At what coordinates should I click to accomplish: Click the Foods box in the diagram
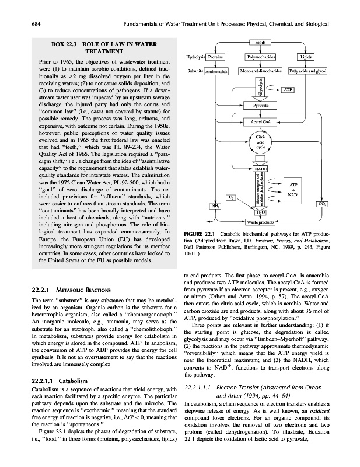260,42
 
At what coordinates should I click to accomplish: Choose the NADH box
260,169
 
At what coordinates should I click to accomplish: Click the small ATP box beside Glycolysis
288,90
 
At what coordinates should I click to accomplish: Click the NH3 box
199,205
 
